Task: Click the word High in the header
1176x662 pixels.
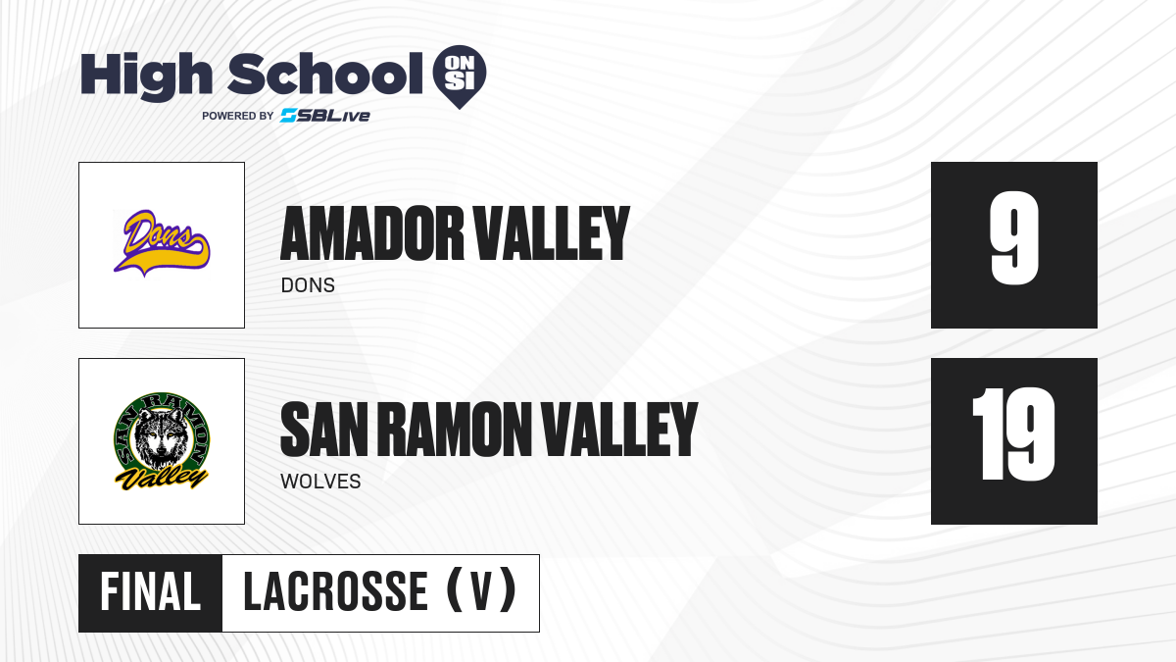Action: [146, 76]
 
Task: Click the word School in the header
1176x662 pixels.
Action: [325, 74]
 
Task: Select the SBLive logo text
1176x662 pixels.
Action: [325, 116]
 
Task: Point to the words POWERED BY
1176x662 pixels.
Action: [238, 116]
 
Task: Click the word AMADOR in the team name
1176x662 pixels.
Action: [372, 233]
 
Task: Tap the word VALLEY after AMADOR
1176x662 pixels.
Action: [551, 233]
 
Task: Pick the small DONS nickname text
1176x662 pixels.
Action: [308, 285]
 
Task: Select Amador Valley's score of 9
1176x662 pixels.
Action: [1014, 238]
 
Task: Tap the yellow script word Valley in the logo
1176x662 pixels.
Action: [162, 479]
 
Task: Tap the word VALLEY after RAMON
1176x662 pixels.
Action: [619, 430]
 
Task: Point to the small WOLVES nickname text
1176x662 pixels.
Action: [320, 482]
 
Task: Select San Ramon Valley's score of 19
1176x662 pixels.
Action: [1013, 434]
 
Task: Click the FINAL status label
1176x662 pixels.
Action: [151, 592]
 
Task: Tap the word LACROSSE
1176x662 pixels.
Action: [335, 592]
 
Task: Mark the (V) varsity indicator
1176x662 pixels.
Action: [481, 590]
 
